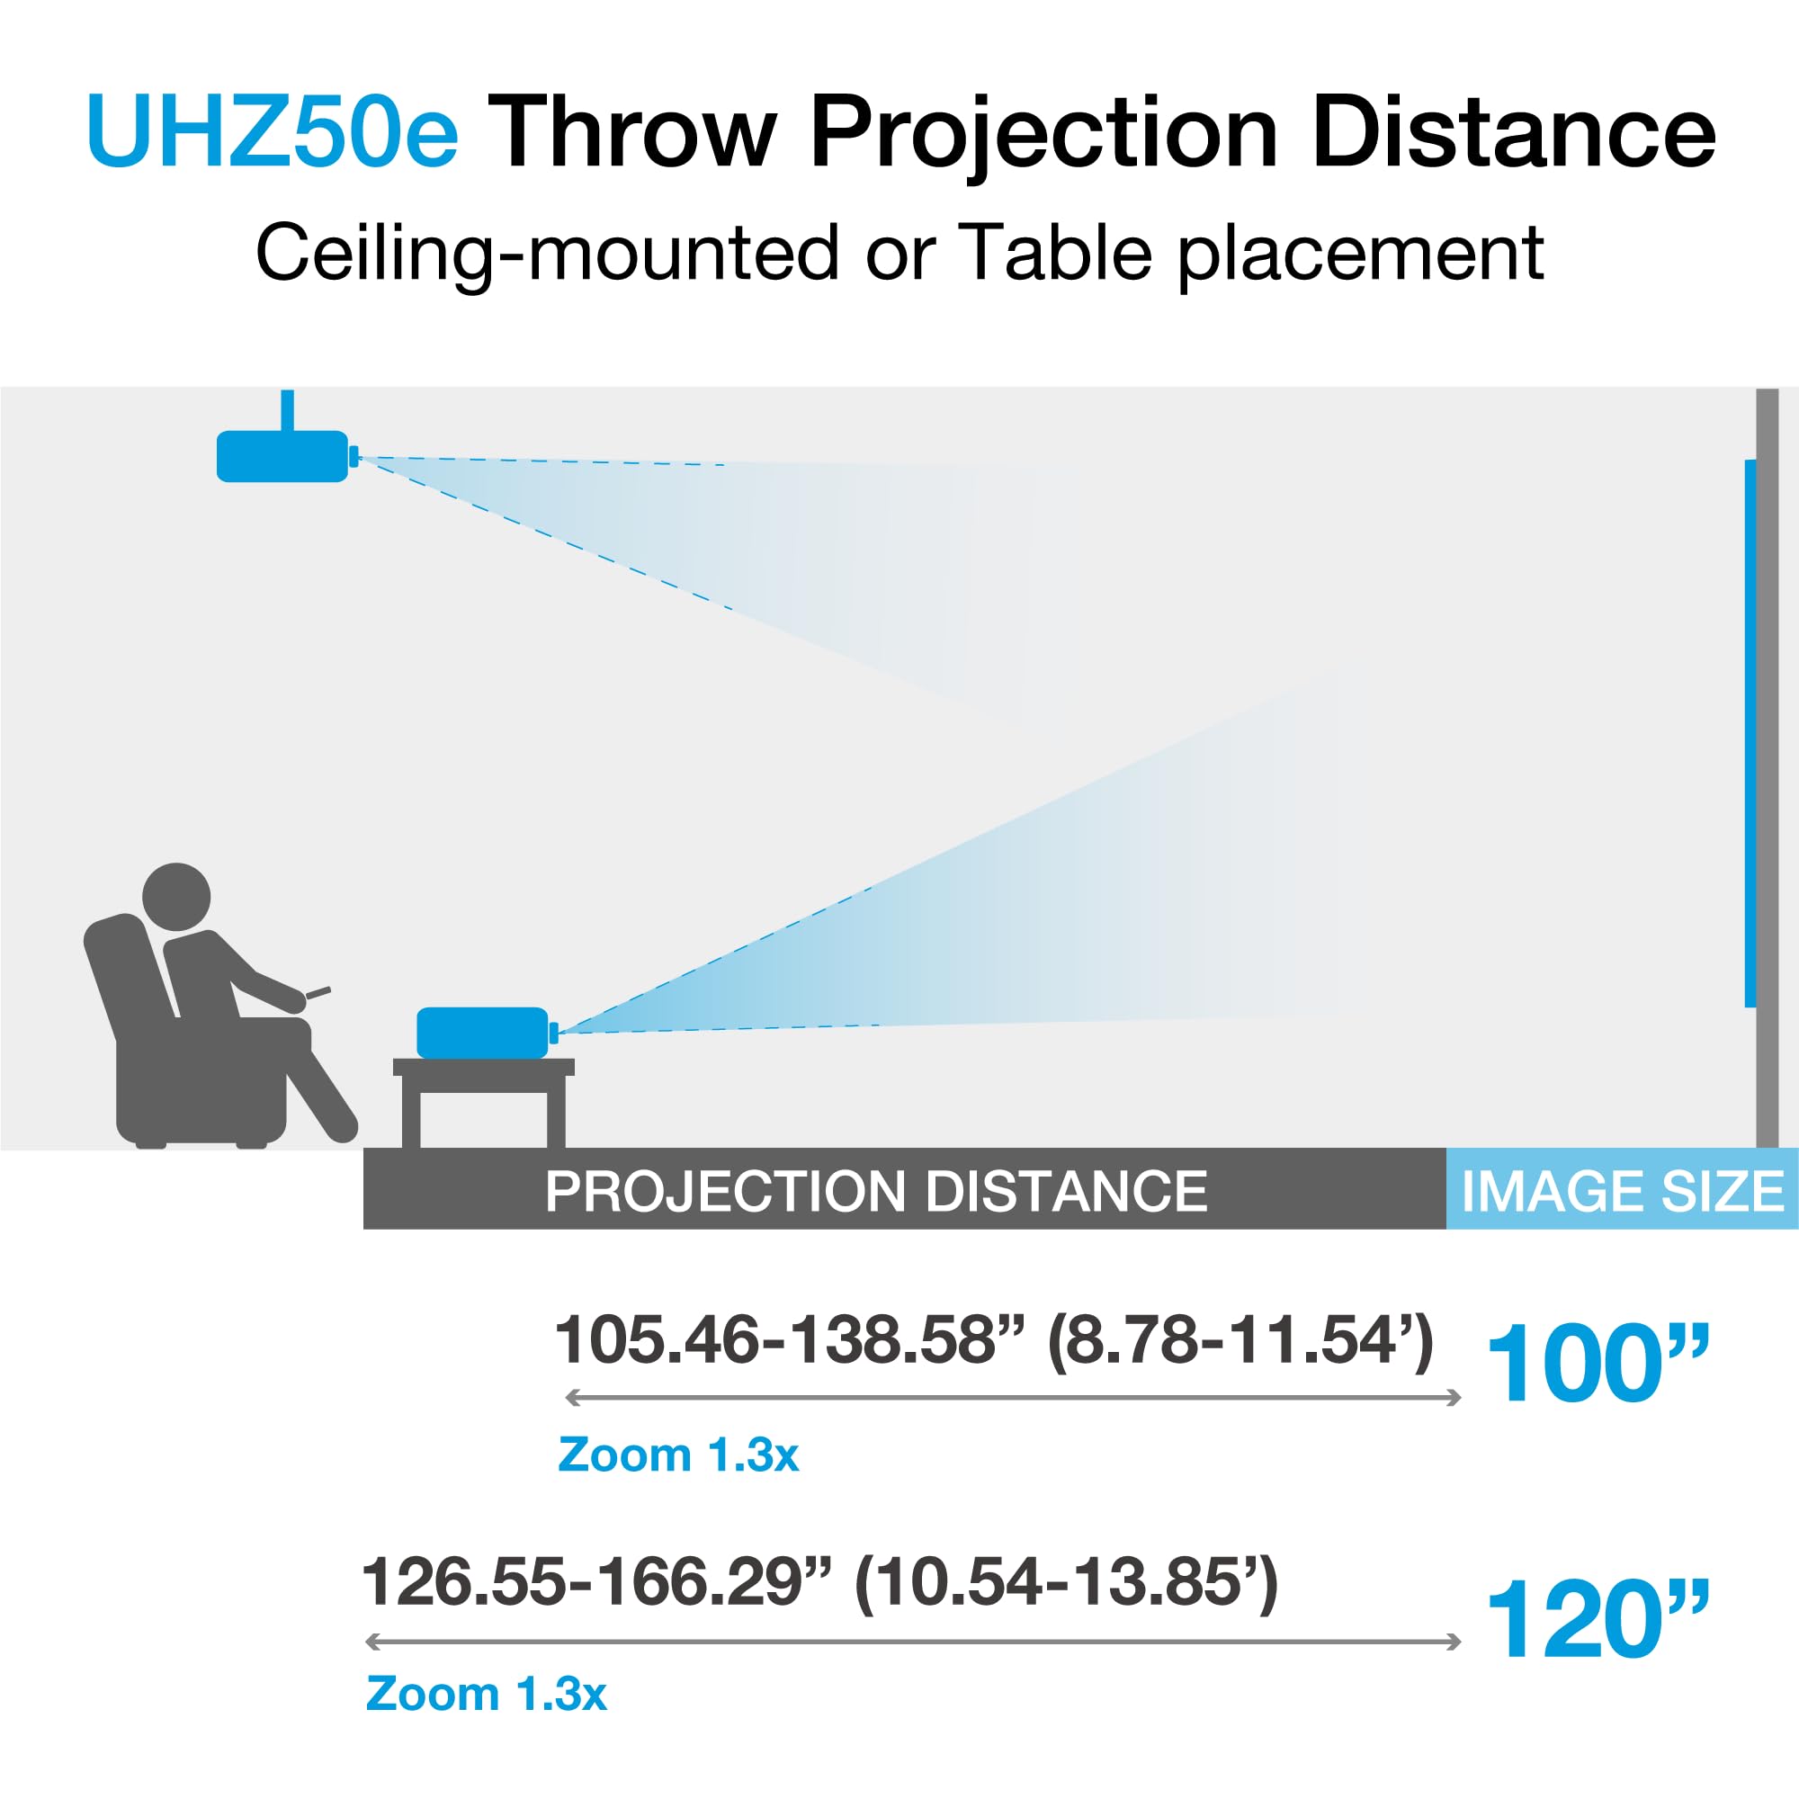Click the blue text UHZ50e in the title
pos(272,132)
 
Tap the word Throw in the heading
pos(632,132)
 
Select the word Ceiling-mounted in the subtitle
pos(548,255)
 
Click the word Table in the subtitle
pos(1054,253)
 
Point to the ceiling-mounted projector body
pos(282,456)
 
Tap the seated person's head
pos(176,897)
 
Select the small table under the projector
pos(483,1105)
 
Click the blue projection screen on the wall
pos(1750,734)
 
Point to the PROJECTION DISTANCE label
pos(876,1192)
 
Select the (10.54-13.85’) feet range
pos(1066,1584)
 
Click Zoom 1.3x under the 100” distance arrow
pos(678,1455)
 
